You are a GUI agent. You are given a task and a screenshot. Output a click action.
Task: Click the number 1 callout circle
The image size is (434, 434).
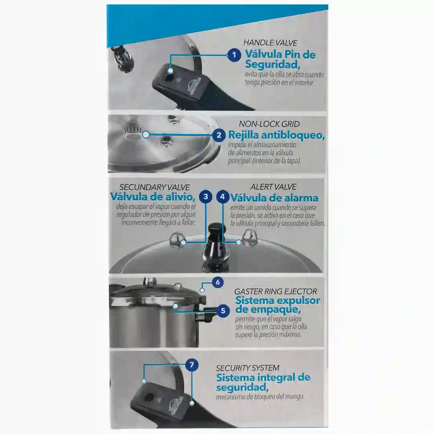pyautogui.click(x=234, y=55)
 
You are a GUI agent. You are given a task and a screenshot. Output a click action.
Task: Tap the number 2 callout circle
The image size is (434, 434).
pyautogui.click(x=219, y=135)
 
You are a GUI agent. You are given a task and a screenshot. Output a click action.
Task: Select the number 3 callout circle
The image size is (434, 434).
pyautogui.click(x=206, y=197)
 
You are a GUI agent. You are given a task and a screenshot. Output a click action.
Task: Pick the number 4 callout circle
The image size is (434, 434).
pyautogui.click(x=223, y=197)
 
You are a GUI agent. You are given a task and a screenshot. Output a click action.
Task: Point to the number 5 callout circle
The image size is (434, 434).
pyautogui.click(x=223, y=311)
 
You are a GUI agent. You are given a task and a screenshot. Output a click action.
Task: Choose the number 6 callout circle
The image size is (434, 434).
pyautogui.click(x=217, y=283)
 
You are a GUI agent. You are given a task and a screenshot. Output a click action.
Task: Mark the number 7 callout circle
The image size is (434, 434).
pyautogui.click(x=192, y=365)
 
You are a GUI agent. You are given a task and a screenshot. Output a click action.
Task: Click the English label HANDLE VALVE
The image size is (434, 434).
pyautogui.click(x=270, y=43)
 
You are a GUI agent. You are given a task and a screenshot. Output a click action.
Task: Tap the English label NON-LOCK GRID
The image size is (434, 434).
pyautogui.click(x=269, y=124)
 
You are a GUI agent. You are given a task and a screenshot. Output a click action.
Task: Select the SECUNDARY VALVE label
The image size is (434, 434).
pyautogui.click(x=154, y=187)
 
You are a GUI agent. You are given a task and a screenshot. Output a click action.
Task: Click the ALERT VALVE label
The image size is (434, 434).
pyautogui.click(x=274, y=187)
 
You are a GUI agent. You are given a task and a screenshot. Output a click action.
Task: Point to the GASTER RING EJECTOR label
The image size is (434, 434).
pyautogui.click(x=275, y=291)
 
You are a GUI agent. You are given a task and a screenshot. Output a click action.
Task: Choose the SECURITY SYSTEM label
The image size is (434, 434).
pyautogui.click(x=248, y=368)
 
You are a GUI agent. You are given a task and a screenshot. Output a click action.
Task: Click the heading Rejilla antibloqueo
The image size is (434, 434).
pyautogui.click(x=276, y=135)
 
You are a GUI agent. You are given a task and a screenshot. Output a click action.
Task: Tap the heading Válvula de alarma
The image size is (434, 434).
pyautogui.click(x=274, y=198)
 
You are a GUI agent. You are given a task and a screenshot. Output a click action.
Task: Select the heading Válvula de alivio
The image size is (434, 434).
pyautogui.click(x=153, y=197)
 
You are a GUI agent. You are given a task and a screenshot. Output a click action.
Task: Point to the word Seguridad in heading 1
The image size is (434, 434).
pyautogui.click(x=272, y=64)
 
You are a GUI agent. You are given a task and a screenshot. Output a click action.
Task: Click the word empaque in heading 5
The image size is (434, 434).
pyautogui.click(x=268, y=310)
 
